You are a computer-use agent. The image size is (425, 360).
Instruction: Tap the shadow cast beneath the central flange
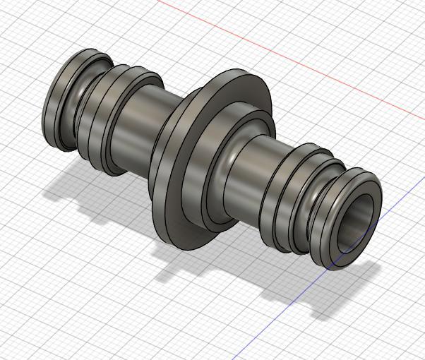tap(184, 265)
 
